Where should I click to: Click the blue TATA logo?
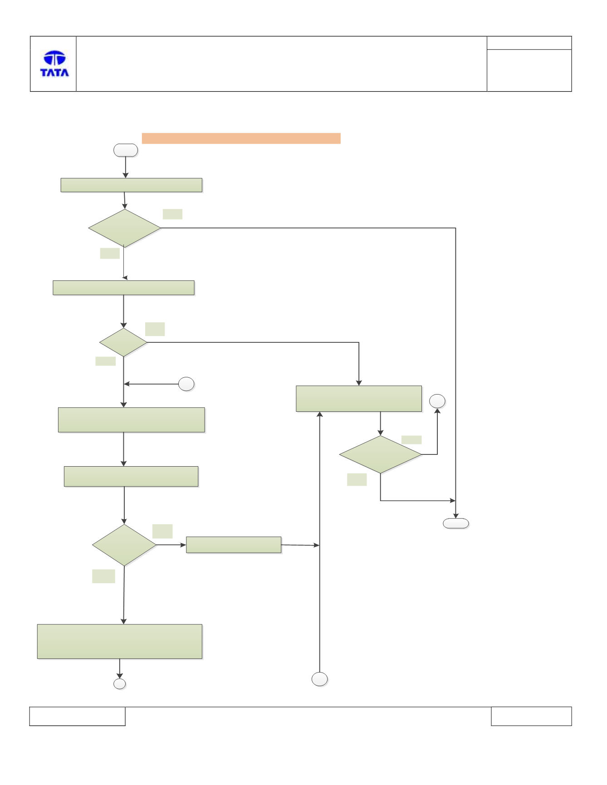54,63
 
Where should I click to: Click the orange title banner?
241,138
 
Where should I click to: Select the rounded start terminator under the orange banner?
126,150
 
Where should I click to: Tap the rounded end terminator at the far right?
456,523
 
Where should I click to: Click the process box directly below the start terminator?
132,185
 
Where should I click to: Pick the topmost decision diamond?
125,228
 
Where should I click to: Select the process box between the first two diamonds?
123,288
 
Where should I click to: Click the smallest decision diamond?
123,342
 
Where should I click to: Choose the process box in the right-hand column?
359,399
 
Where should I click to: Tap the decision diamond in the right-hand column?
381,454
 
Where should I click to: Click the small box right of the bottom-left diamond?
234,545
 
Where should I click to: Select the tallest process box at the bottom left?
120,641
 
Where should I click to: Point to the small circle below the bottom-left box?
120,684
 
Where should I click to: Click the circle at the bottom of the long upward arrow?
320,679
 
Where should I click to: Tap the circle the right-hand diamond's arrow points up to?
437,401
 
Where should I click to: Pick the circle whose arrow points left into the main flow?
186,384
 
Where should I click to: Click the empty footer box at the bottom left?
77,716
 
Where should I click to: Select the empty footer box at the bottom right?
531,716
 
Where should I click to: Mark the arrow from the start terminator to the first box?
126,167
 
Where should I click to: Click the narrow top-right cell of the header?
529,43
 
